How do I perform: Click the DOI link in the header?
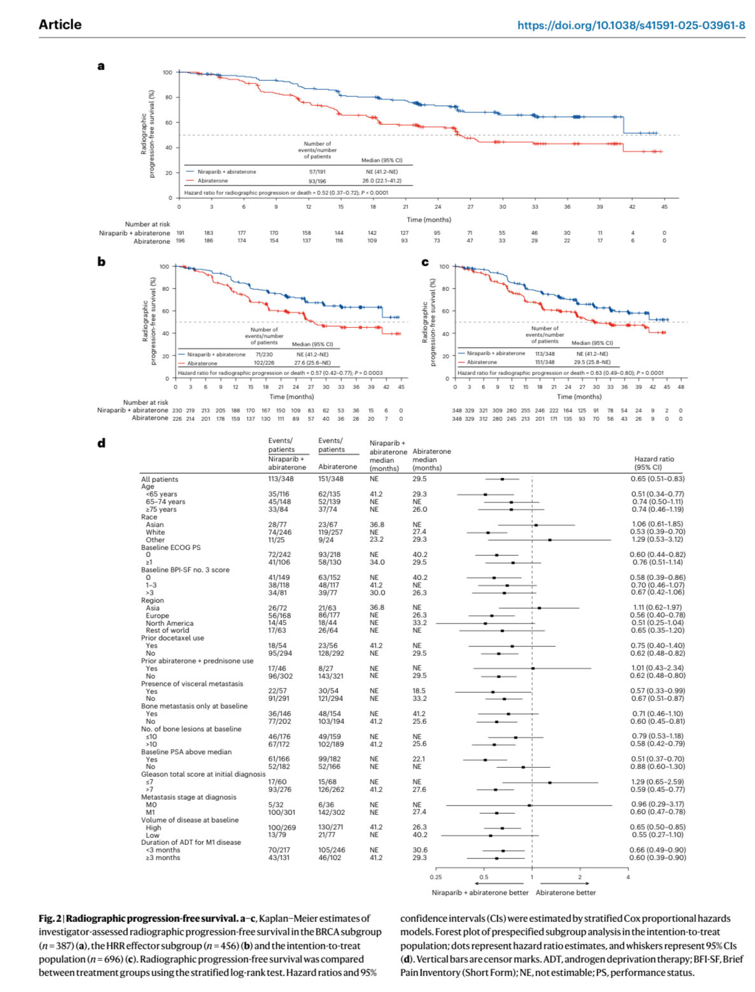tap(631, 25)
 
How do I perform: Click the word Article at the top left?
tap(60, 25)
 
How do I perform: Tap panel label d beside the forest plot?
tap(101, 443)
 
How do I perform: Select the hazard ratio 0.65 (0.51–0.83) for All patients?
tap(658, 479)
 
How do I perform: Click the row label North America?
tap(169, 623)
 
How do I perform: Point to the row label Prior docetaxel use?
tap(173, 638)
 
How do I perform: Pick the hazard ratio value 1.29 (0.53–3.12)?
tap(658, 539)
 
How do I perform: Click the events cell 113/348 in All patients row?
tap(281, 479)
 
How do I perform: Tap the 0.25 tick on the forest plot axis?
tap(435, 877)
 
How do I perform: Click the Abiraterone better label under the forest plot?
tap(566, 893)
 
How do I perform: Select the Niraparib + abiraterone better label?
tap(480, 893)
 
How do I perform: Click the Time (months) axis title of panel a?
tap(428, 220)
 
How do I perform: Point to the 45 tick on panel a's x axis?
tap(664, 206)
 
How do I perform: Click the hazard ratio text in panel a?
tap(286, 192)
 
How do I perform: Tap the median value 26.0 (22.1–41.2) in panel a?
tap(381, 181)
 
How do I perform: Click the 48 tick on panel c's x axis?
tap(681, 387)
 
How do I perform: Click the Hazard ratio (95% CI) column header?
tap(654, 463)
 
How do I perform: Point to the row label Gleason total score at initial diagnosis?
tap(203, 774)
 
